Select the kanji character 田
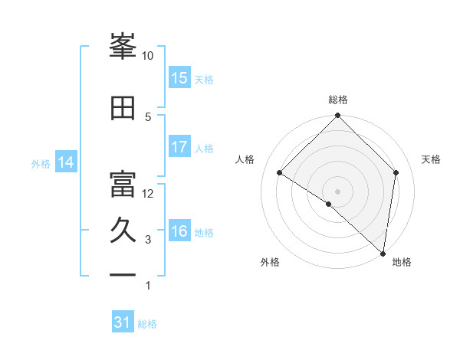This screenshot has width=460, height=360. pos(123,109)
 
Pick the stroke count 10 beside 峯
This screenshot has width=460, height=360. pos(148,56)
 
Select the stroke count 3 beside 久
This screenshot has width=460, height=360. pos(148,240)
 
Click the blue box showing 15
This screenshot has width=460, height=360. pos(179,78)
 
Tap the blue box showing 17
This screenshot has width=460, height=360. pos(179,147)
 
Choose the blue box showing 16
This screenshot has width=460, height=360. pos(179,231)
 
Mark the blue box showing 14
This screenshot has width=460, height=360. pos(66,162)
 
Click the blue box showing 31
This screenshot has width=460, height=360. pos(123,322)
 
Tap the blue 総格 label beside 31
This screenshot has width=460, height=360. pos(147,324)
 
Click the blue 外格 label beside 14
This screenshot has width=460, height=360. pos(41,163)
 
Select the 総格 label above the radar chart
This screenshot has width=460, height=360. pos(338,100)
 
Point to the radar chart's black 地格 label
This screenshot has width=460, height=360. pos(402,263)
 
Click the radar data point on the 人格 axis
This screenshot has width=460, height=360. pos(280,172)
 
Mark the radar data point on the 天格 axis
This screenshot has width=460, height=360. pos(396,172)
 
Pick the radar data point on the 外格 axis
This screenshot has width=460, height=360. pos(329,204)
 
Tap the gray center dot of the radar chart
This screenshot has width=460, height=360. pos(338,191)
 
